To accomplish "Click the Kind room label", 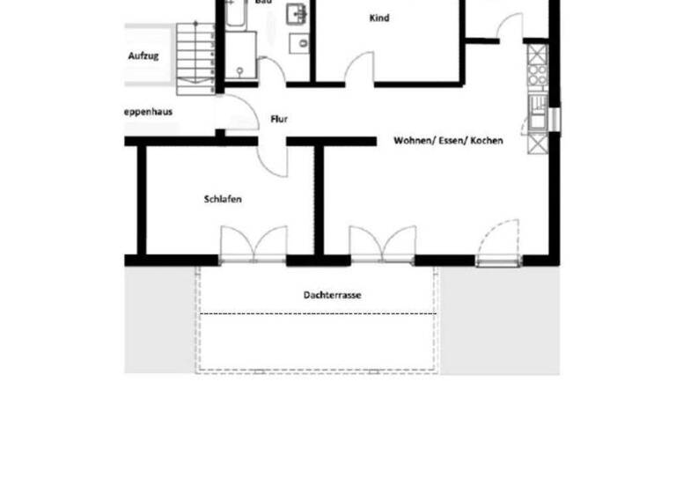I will point(380,18).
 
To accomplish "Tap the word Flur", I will point(280,119).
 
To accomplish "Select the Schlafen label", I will point(223,199).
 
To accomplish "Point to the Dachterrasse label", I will point(332,295).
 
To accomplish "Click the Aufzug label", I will point(143,55).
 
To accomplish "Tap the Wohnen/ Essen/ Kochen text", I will point(448,140).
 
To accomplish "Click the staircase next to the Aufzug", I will point(195,58).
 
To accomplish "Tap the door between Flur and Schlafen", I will point(274,157).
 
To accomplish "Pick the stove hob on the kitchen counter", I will point(536,59).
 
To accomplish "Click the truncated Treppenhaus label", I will point(148,112).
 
